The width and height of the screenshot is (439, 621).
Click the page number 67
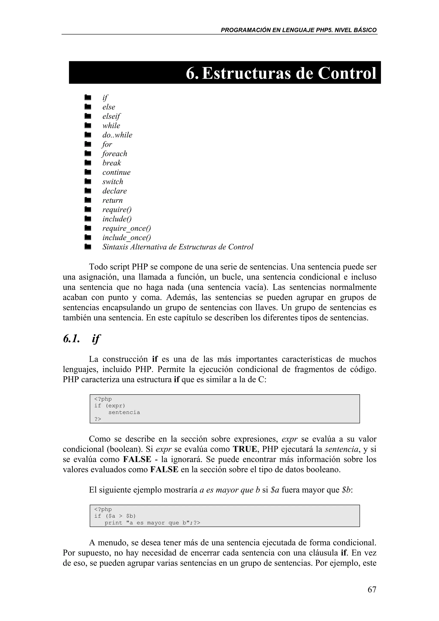point(372,589)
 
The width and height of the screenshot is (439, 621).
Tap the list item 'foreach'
point(115,154)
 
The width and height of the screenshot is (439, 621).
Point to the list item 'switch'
point(113,181)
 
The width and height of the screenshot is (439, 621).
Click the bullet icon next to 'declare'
point(87,191)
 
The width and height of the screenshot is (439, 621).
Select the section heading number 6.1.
point(71,339)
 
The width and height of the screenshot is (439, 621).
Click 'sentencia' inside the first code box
point(124,412)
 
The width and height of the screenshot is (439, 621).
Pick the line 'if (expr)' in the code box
point(110,406)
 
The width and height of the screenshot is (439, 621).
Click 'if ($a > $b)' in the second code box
point(115,516)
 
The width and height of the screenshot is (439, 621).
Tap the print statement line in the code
point(152,523)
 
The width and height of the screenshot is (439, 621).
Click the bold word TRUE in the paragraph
point(245,449)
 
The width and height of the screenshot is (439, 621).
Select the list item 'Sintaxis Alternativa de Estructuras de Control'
point(178,247)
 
